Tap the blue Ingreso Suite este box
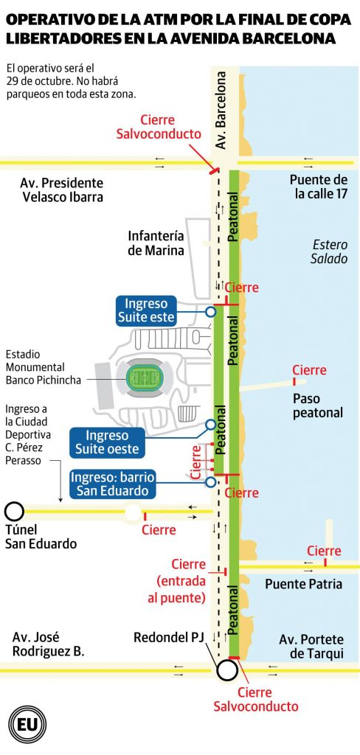[x=147, y=310]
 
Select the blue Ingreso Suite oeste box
[x=107, y=442]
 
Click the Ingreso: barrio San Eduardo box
[x=114, y=484]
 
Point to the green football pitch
[x=144, y=379]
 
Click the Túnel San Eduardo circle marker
[x=14, y=510]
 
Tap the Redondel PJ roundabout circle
[x=226, y=669]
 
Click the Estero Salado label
[x=329, y=251]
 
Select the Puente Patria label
[x=303, y=584]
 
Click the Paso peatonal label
[x=318, y=406]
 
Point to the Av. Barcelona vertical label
[x=221, y=110]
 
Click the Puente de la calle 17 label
[x=319, y=187]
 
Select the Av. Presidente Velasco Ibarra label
[x=62, y=190]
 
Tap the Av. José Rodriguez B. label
[x=48, y=644]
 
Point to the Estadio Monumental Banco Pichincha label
[x=42, y=367]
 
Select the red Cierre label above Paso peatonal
[x=309, y=370]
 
